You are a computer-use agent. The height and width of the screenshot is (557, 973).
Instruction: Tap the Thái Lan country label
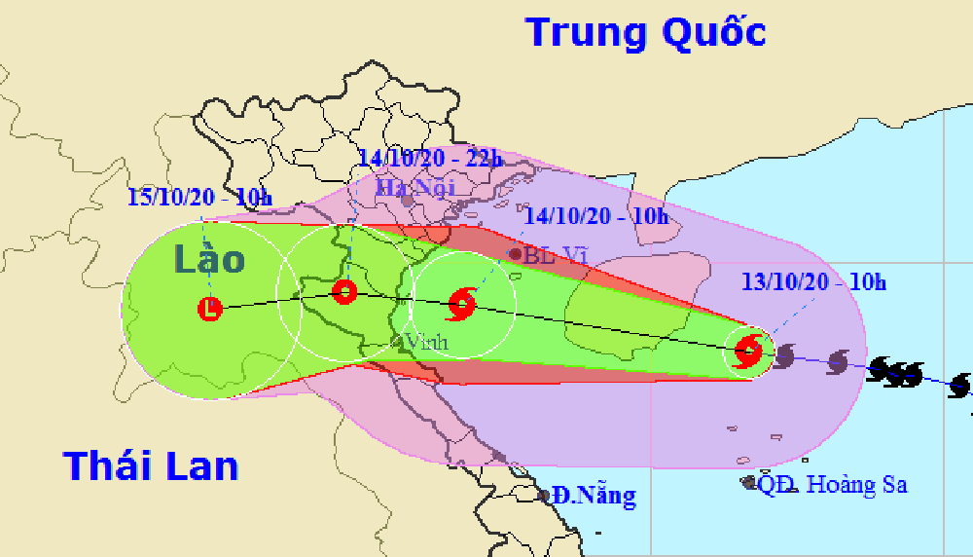(151, 465)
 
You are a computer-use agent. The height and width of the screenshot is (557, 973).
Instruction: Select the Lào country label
(210, 260)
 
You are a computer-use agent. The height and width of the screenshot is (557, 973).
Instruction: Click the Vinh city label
(426, 342)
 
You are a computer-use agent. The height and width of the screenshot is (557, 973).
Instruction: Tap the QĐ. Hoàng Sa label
(833, 484)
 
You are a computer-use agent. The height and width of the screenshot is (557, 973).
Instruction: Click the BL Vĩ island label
(556, 255)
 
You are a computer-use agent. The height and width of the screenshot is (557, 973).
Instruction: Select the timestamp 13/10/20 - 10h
(813, 283)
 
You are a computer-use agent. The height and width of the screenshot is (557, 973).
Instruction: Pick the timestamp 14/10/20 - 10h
(595, 216)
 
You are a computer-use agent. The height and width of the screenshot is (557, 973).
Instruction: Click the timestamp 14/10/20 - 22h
(429, 158)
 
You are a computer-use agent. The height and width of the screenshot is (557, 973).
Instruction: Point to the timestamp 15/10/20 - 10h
(199, 198)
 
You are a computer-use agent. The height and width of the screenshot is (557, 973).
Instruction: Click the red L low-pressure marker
(210, 310)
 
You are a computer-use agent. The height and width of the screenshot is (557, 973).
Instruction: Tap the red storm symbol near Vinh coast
(461, 306)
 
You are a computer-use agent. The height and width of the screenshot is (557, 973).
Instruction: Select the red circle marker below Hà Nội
(344, 291)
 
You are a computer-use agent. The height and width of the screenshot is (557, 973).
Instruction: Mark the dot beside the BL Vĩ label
(515, 254)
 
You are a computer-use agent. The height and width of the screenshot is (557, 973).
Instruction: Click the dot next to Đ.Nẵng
(544, 496)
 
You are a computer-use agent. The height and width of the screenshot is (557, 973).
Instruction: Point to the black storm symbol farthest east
(960, 386)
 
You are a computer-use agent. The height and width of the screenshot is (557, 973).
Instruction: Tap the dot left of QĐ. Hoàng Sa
(748, 482)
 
